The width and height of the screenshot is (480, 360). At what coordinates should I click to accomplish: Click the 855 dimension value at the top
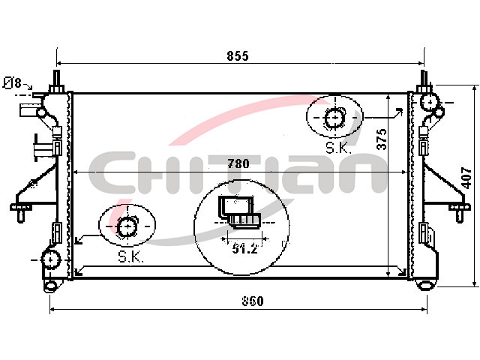pyautogui.click(x=238, y=56)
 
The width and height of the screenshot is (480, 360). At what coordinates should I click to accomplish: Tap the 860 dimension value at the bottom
pyautogui.click(x=253, y=301)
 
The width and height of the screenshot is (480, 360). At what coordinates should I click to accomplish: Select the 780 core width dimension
pyautogui.click(x=238, y=163)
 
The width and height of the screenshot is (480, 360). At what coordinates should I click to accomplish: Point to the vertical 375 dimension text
pyautogui.click(x=382, y=139)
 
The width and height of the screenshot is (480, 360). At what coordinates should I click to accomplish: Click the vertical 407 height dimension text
pyautogui.click(x=466, y=178)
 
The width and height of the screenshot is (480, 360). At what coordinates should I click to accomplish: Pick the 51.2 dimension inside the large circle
pyautogui.click(x=244, y=248)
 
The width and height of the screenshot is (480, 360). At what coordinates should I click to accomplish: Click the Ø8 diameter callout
pyautogui.click(x=13, y=83)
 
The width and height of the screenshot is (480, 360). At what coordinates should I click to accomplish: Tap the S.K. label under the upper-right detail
pyautogui.click(x=337, y=148)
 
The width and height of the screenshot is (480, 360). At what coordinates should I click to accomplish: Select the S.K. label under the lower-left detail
pyautogui.click(x=130, y=257)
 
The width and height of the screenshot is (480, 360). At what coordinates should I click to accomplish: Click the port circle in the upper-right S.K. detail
pyautogui.click(x=334, y=118)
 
